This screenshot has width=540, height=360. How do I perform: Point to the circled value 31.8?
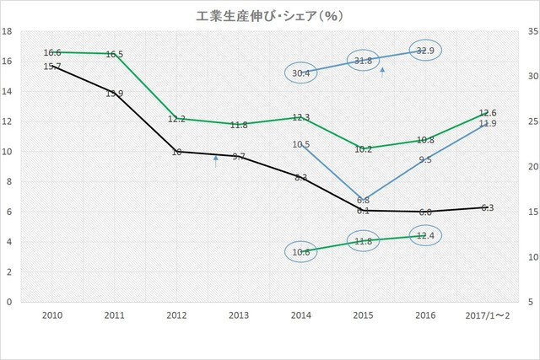pos(364,61)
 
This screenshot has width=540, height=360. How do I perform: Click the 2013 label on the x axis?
pos(239,314)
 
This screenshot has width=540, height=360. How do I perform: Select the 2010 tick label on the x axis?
pos(52,314)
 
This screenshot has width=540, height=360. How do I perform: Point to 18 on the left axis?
pos(8,32)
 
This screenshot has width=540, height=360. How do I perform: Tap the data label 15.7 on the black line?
pos(52,66)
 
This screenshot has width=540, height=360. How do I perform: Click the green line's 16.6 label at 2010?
pos(52,52)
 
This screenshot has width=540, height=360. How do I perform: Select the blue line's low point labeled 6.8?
pos(364,201)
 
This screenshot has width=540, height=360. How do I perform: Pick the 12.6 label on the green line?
pos(488,113)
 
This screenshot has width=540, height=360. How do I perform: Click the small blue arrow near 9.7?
pos(216,161)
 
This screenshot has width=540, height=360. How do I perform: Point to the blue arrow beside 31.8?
pos(383,73)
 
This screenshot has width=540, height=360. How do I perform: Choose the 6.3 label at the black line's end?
pos(488,207)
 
